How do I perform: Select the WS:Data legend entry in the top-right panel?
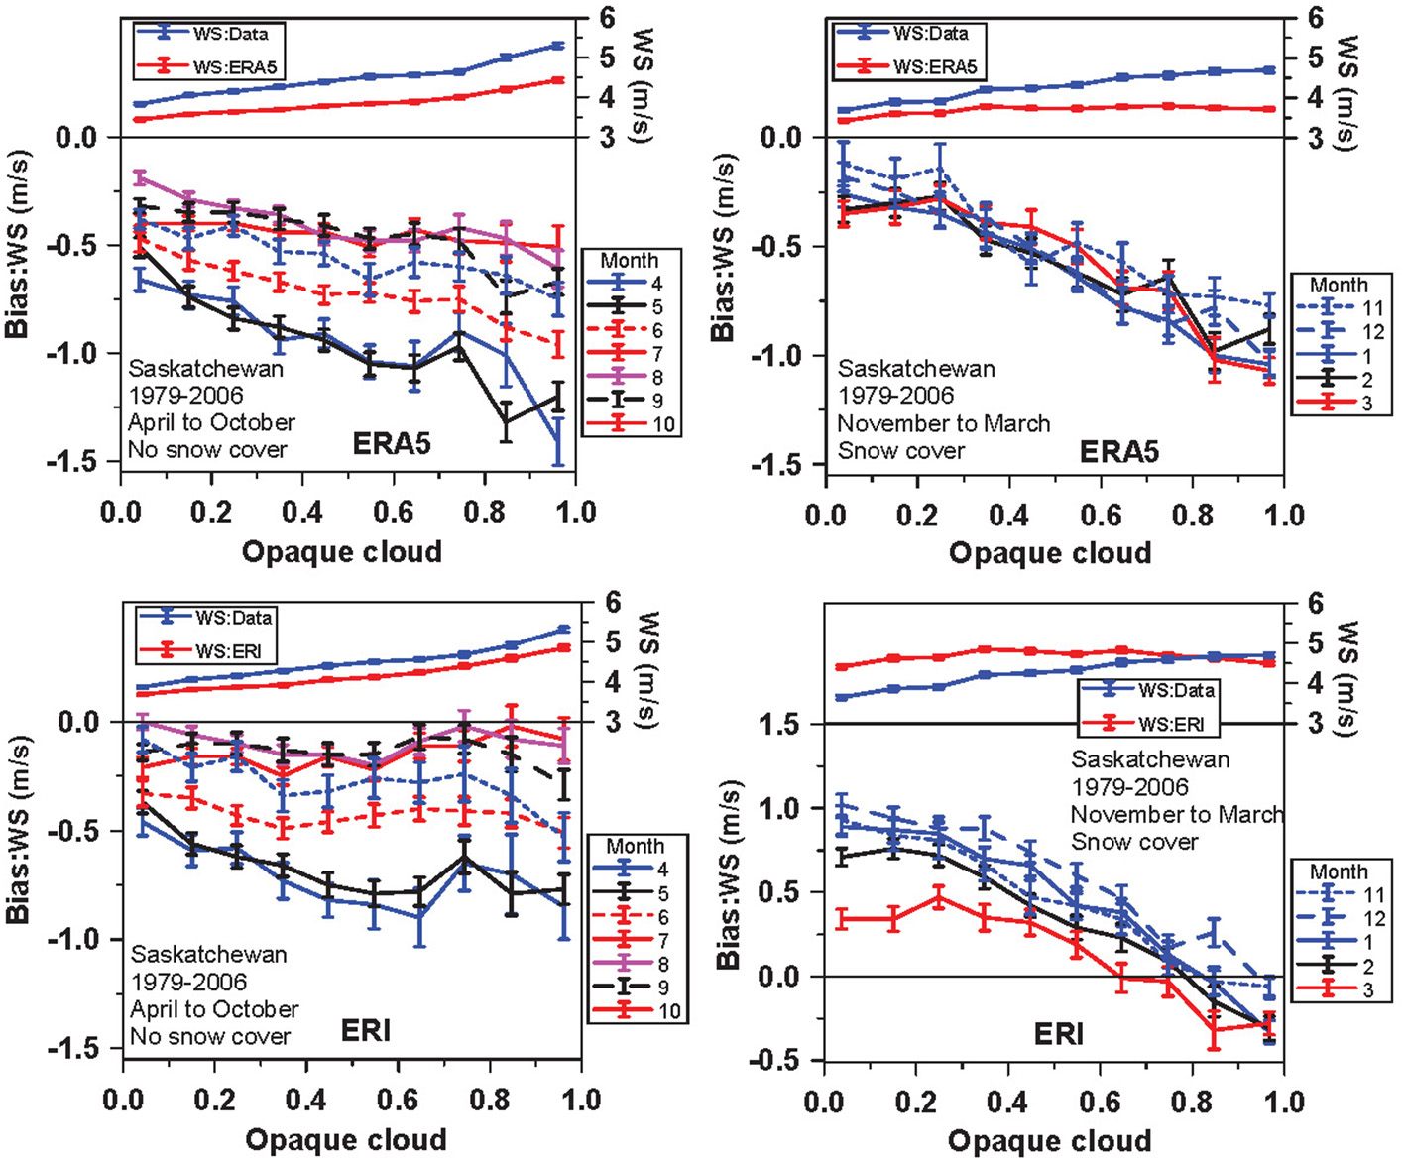pyautogui.click(x=930, y=33)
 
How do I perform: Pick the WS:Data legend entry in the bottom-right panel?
pyautogui.click(x=1176, y=690)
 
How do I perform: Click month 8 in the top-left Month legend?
pyautogui.click(x=656, y=378)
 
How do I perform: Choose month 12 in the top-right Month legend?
pyautogui.click(x=1373, y=332)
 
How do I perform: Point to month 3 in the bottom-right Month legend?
pyautogui.click(x=1368, y=990)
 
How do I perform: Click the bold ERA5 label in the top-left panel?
pyautogui.click(x=392, y=443)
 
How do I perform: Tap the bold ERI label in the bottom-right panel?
pyautogui.click(x=1058, y=1034)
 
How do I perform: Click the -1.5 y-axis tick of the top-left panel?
pyautogui.click(x=75, y=463)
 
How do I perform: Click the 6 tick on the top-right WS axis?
pyautogui.click(x=1315, y=17)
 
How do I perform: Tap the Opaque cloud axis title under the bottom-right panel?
pyautogui.click(x=1050, y=1141)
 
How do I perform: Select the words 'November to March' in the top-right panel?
pyautogui.click(x=944, y=424)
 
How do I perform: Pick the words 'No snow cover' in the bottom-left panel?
pyautogui.click(x=210, y=1037)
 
